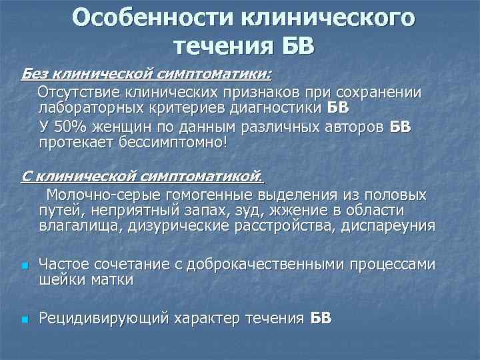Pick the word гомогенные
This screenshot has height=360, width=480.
190,195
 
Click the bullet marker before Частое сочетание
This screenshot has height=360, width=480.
23,266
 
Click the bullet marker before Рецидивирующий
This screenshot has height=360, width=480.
23,320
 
